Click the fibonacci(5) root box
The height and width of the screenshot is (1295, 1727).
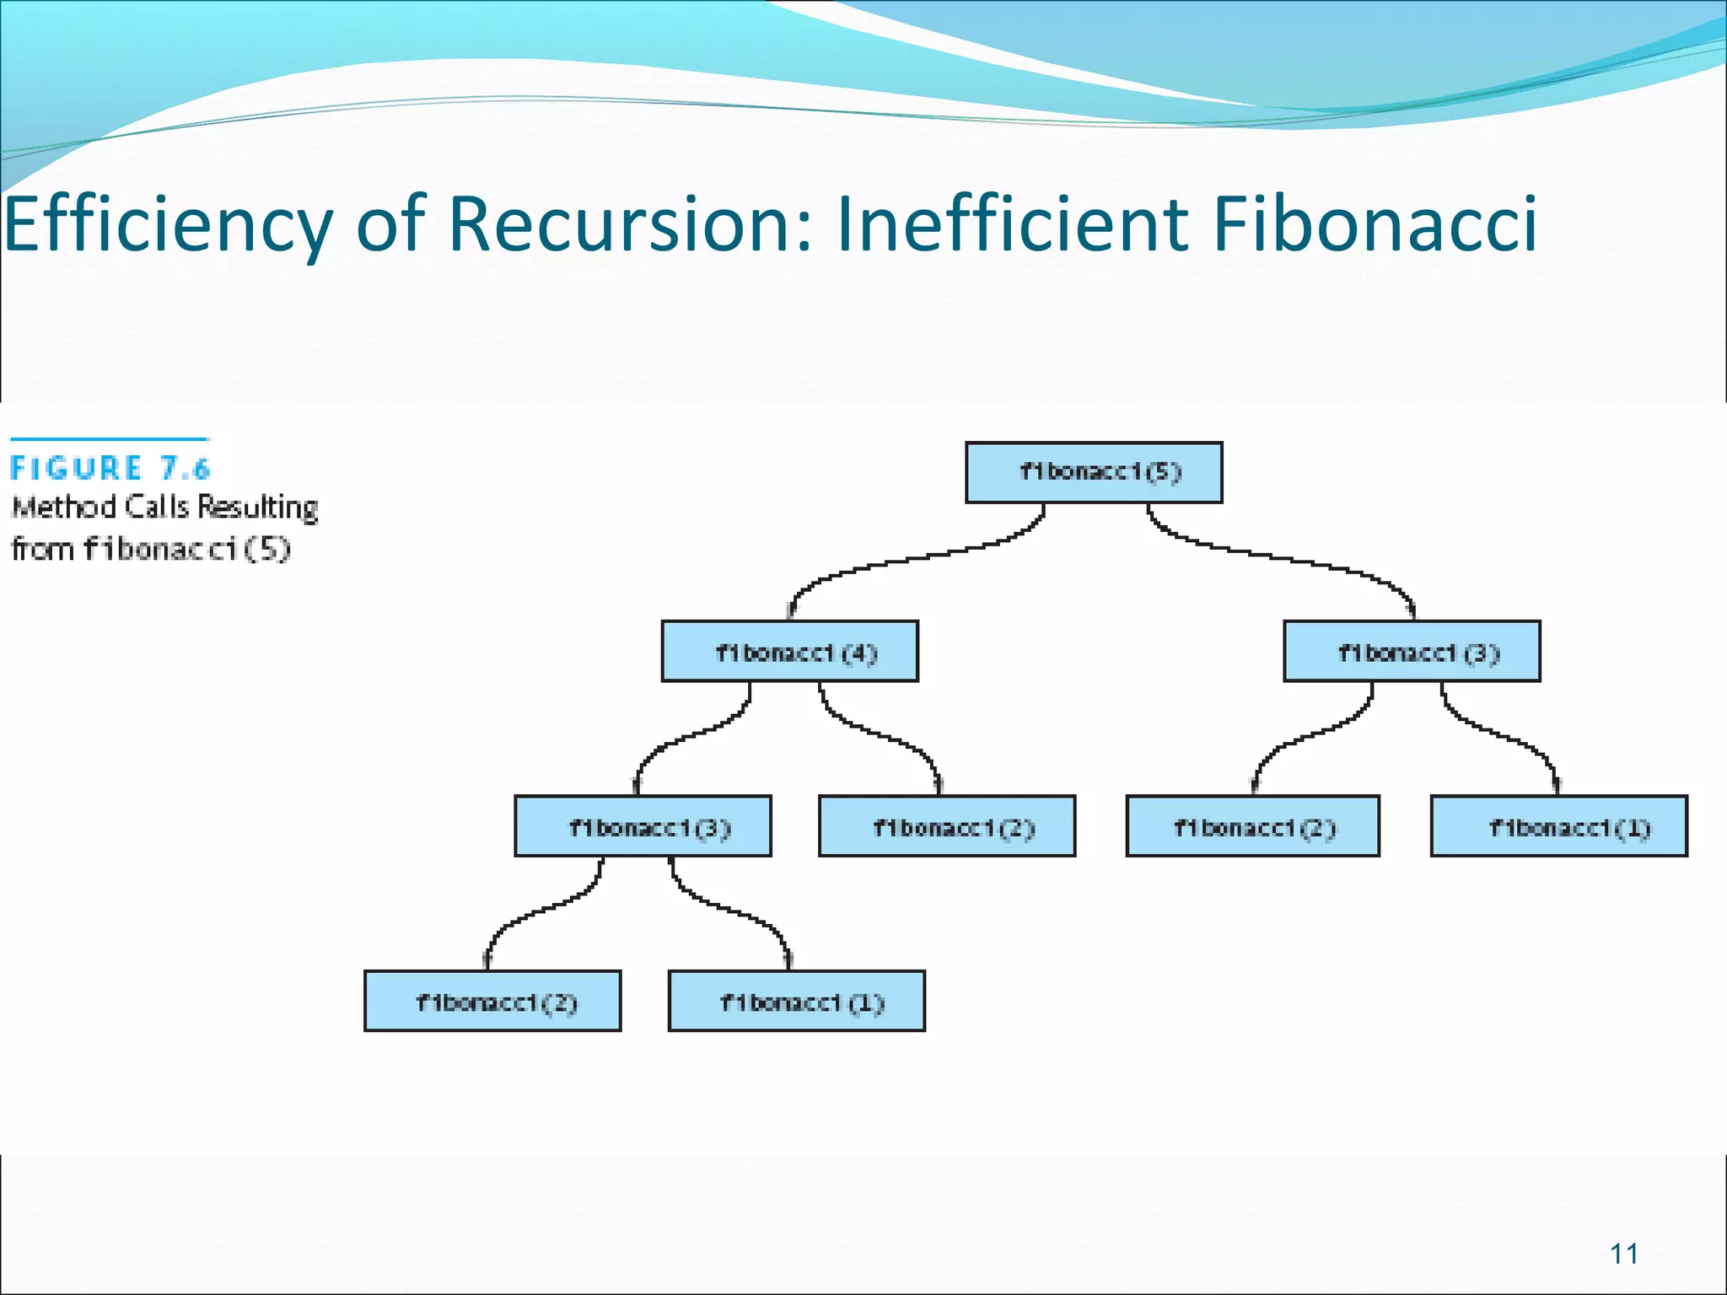point(1094,472)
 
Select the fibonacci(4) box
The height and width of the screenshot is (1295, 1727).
point(790,652)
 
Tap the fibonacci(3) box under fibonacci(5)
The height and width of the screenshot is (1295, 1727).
point(1412,652)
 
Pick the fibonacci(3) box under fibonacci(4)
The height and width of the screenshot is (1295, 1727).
point(643,826)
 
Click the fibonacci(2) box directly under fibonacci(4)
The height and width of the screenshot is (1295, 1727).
point(947,826)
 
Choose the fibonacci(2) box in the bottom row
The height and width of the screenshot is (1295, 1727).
point(492,1002)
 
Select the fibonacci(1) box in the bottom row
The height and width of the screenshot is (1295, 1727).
point(797,1002)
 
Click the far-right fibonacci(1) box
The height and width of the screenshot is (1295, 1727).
point(1559,826)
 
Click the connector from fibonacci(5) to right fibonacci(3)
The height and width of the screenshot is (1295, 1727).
point(1282,556)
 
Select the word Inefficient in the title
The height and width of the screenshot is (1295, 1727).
point(1012,224)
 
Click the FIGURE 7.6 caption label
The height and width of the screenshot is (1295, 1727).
point(110,468)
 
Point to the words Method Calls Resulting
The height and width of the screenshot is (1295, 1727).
point(165,508)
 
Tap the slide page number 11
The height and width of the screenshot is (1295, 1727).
point(1623,1255)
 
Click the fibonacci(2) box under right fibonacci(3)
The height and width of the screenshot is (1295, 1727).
point(1253,826)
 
